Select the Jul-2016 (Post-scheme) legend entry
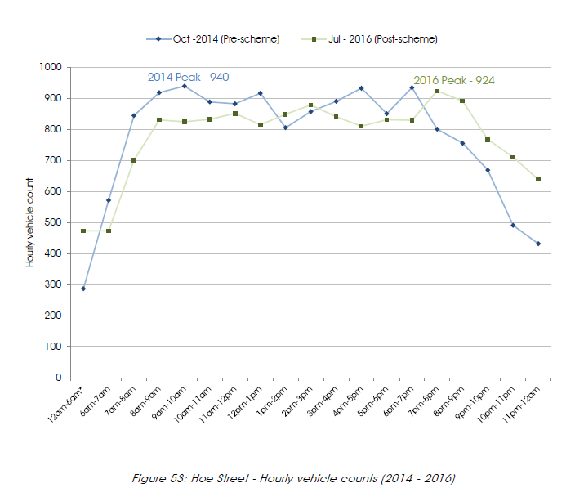click(x=375, y=38)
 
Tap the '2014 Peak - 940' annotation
click(x=188, y=77)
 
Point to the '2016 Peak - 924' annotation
click(x=453, y=80)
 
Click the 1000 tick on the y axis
click(x=52, y=67)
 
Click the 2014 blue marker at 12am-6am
click(x=83, y=289)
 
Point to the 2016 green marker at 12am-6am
click(x=83, y=231)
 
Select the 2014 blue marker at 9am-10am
click(x=185, y=86)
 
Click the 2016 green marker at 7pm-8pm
click(x=437, y=91)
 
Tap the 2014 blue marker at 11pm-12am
click(x=538, y=244)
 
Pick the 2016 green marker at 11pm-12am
click(x=538, y=180)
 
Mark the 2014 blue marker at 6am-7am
click(x=109, y=199)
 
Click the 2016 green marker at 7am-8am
click(x=134, y=160)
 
